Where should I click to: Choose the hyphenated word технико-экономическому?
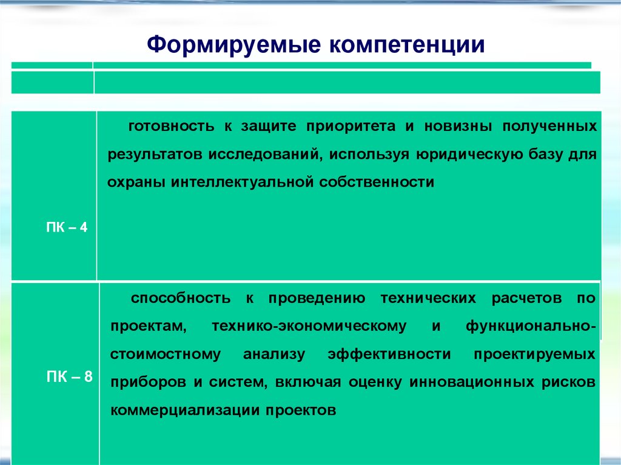click(x=309, y=326)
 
